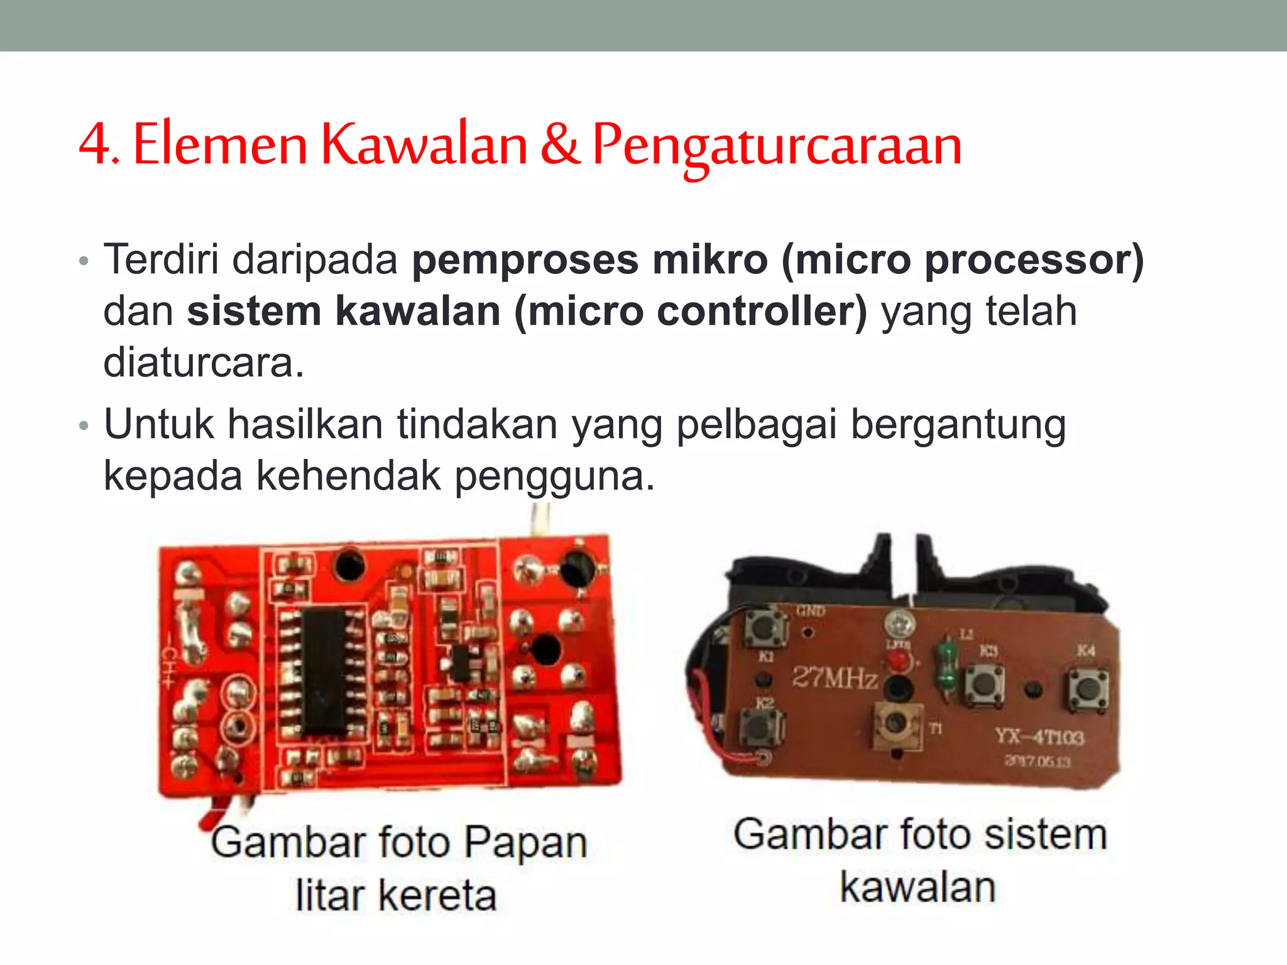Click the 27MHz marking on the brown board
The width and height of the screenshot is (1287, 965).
click(835, 677)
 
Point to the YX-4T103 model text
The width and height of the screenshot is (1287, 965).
click(1039, 736)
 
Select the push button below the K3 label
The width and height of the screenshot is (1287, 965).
click(983, 686)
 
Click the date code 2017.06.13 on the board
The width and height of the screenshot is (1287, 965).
click(1037, 761)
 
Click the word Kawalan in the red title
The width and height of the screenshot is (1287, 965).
click(424, 144)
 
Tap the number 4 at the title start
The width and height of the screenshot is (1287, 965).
click(95, 144)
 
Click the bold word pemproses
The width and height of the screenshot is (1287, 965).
click(525, 260)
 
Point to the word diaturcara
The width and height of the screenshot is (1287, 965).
click(204, 363)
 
